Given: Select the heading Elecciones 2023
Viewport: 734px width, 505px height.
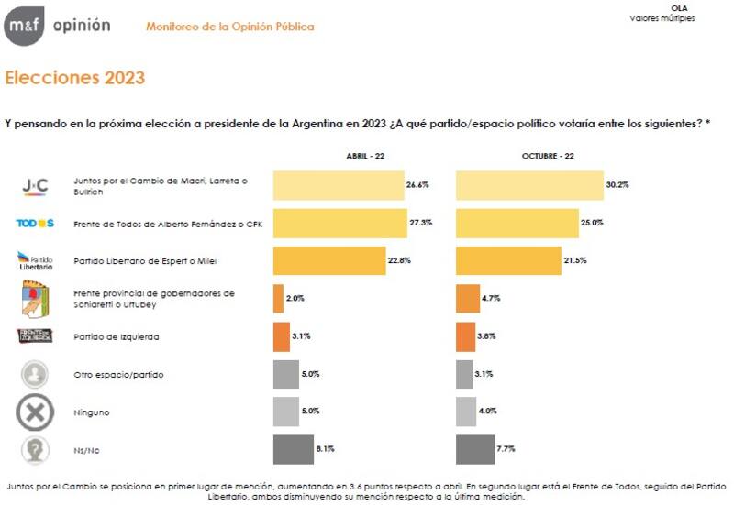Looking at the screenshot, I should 75,78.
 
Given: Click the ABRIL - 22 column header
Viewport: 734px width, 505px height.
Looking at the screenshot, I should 365,157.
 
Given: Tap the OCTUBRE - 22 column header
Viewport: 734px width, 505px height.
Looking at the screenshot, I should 548,157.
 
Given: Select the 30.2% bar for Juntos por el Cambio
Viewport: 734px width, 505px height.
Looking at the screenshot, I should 529,185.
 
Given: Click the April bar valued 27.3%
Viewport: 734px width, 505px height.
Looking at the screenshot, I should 339,223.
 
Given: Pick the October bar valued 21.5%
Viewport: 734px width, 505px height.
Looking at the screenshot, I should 507,260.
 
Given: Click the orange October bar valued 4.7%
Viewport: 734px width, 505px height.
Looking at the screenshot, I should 467,299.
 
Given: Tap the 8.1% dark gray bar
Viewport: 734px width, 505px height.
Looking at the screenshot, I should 293,450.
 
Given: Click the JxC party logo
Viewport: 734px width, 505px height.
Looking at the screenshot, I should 35,186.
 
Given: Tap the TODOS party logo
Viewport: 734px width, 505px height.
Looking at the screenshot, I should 36,224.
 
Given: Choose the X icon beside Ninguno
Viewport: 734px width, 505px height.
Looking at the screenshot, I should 35,412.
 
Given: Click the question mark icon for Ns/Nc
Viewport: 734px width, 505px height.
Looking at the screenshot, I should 35,450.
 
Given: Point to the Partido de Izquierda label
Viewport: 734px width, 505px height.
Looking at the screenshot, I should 117,336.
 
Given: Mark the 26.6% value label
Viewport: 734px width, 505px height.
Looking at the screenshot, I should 418,185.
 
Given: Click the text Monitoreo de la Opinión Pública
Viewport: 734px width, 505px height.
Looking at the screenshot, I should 229,27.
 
